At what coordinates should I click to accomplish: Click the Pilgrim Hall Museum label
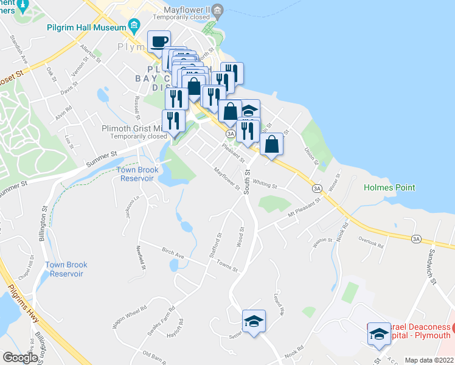coord(85,27)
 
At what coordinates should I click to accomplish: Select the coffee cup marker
coord(159,42)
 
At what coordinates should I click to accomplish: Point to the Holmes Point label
coord(389,188)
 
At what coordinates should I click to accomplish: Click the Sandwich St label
coord(432,266)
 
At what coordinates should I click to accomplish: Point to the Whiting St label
coord(265,183)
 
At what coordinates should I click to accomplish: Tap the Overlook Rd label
coord(371,246)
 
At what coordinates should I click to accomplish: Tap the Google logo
coord(20,358)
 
